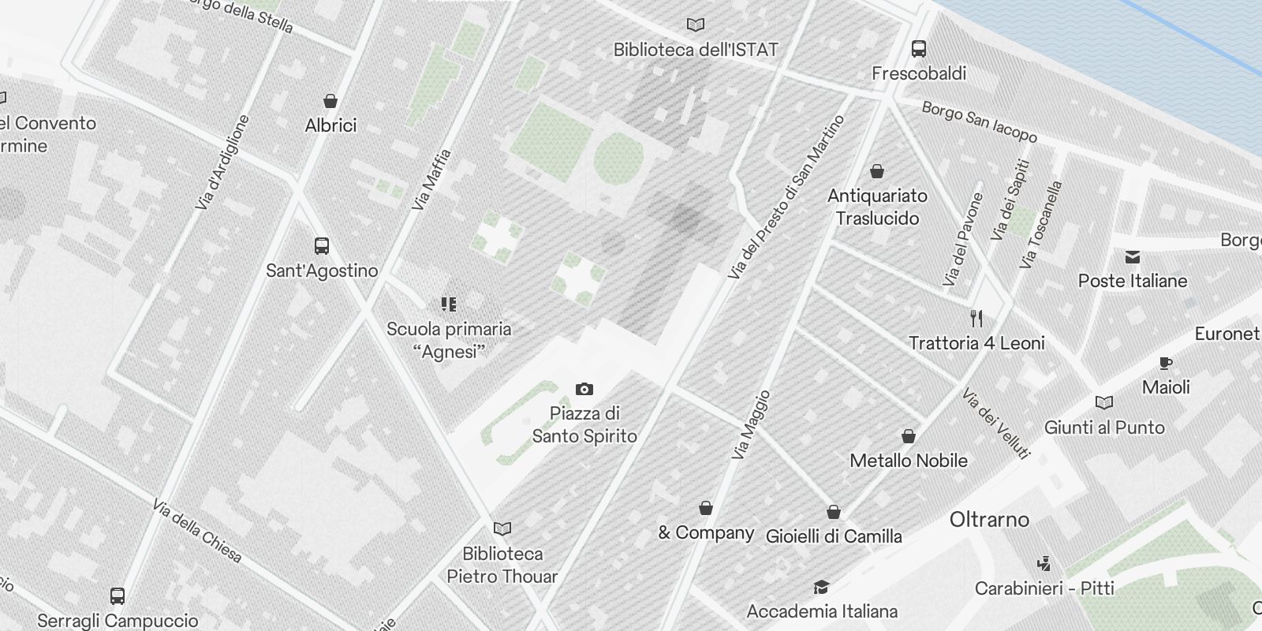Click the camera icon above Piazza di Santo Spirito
pos(584,389)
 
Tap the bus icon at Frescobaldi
pos(919,49)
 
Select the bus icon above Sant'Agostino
pos(321,245)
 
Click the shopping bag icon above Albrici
pos(330,101)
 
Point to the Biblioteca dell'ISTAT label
pos(695,50)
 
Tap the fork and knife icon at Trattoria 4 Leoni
pos(976,319)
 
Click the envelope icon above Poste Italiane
pos(1133,256)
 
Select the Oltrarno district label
pos(989,519)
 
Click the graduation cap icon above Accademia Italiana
pos(821,587)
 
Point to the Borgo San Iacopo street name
pos(979,122)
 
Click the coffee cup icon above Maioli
pos(1165,363)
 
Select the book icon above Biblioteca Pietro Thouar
pos(502,528)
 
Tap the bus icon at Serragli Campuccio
pos(118,596)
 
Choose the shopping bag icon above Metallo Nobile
pos(908,436)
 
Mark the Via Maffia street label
pos(431,179)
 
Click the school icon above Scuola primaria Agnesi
pos(449,304)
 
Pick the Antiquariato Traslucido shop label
pos(877,207)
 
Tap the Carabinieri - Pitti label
pos(1044,588)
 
